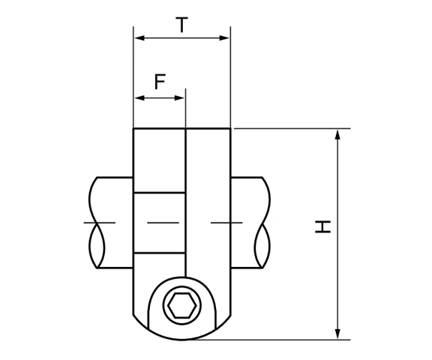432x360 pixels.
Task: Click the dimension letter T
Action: point(181,25)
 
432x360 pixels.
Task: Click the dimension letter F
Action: point(159,82)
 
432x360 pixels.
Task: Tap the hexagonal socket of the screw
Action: point(181,306)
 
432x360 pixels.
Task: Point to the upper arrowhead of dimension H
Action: point(338,134)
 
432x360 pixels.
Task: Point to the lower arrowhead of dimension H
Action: point(338,334)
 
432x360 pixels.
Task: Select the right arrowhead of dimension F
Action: point(180,97)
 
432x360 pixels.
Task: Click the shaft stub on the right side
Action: point(247,223)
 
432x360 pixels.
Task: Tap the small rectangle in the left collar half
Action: point(159,223)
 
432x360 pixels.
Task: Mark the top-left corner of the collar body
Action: point(133,129)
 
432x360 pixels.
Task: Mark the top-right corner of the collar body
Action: point(230,129)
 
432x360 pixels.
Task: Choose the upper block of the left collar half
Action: point(159,160)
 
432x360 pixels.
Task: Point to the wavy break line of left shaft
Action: point(94,223)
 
